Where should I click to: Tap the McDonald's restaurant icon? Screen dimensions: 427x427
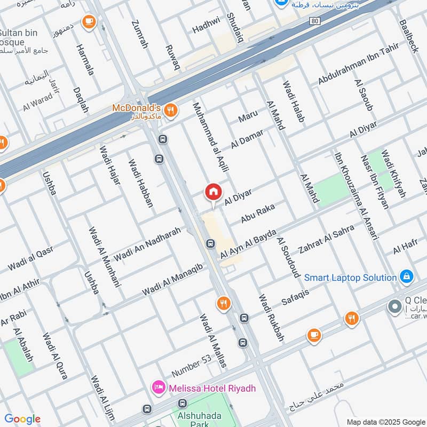[x=170, y=110]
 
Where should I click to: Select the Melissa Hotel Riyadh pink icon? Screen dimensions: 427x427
[x=159, y=386]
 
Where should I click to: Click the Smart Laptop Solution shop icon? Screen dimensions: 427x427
[x=406, y=276]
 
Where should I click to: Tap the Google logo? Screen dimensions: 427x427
[x=22, y=419]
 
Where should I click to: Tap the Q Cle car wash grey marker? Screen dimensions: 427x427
[x=395, y=307]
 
